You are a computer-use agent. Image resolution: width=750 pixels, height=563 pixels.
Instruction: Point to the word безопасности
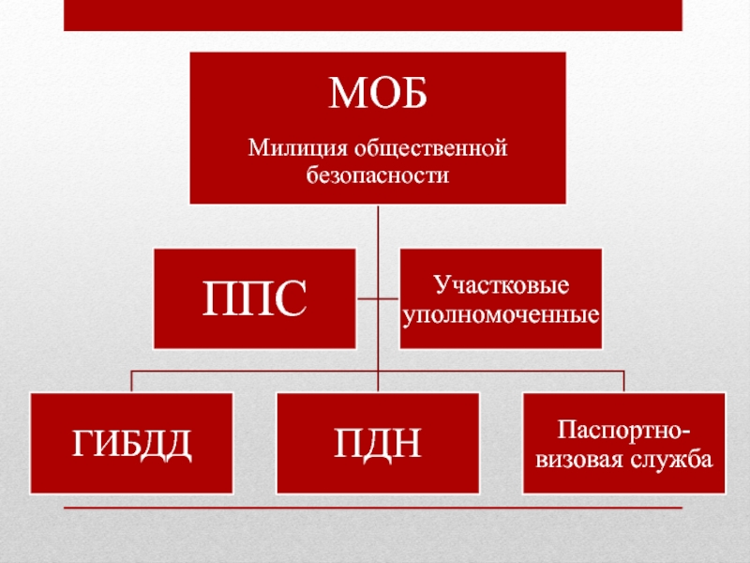click(x=378, y=175)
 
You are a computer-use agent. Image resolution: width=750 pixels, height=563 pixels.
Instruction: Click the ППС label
click(x=254, y=298)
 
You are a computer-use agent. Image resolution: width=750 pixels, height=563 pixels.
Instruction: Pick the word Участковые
click(x=502, y=283)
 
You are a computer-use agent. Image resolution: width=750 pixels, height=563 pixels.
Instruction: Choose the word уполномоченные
click(x=502, y=311)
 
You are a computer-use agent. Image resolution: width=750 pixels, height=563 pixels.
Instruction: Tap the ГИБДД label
click(x=131, y=444)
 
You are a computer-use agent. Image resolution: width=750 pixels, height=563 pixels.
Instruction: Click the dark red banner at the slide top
click(x=372, y=15)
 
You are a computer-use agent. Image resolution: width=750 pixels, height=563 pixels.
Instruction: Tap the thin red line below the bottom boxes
click(x=372, y=508)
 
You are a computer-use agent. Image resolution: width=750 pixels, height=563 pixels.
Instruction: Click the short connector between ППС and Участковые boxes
click(x=378, y=298)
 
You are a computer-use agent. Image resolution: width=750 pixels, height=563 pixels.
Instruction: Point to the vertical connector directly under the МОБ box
click(x=378, y=225)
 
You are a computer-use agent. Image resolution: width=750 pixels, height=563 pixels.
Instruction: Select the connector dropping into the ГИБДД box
click(x=131, y=381)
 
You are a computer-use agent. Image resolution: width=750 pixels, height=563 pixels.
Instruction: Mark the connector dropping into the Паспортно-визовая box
click(x=624, y=381)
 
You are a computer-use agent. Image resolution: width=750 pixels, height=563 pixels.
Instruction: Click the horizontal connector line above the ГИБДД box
click(x=253, y=371)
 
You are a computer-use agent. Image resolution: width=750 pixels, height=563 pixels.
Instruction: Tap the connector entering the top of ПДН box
click(x=378, y=383)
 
